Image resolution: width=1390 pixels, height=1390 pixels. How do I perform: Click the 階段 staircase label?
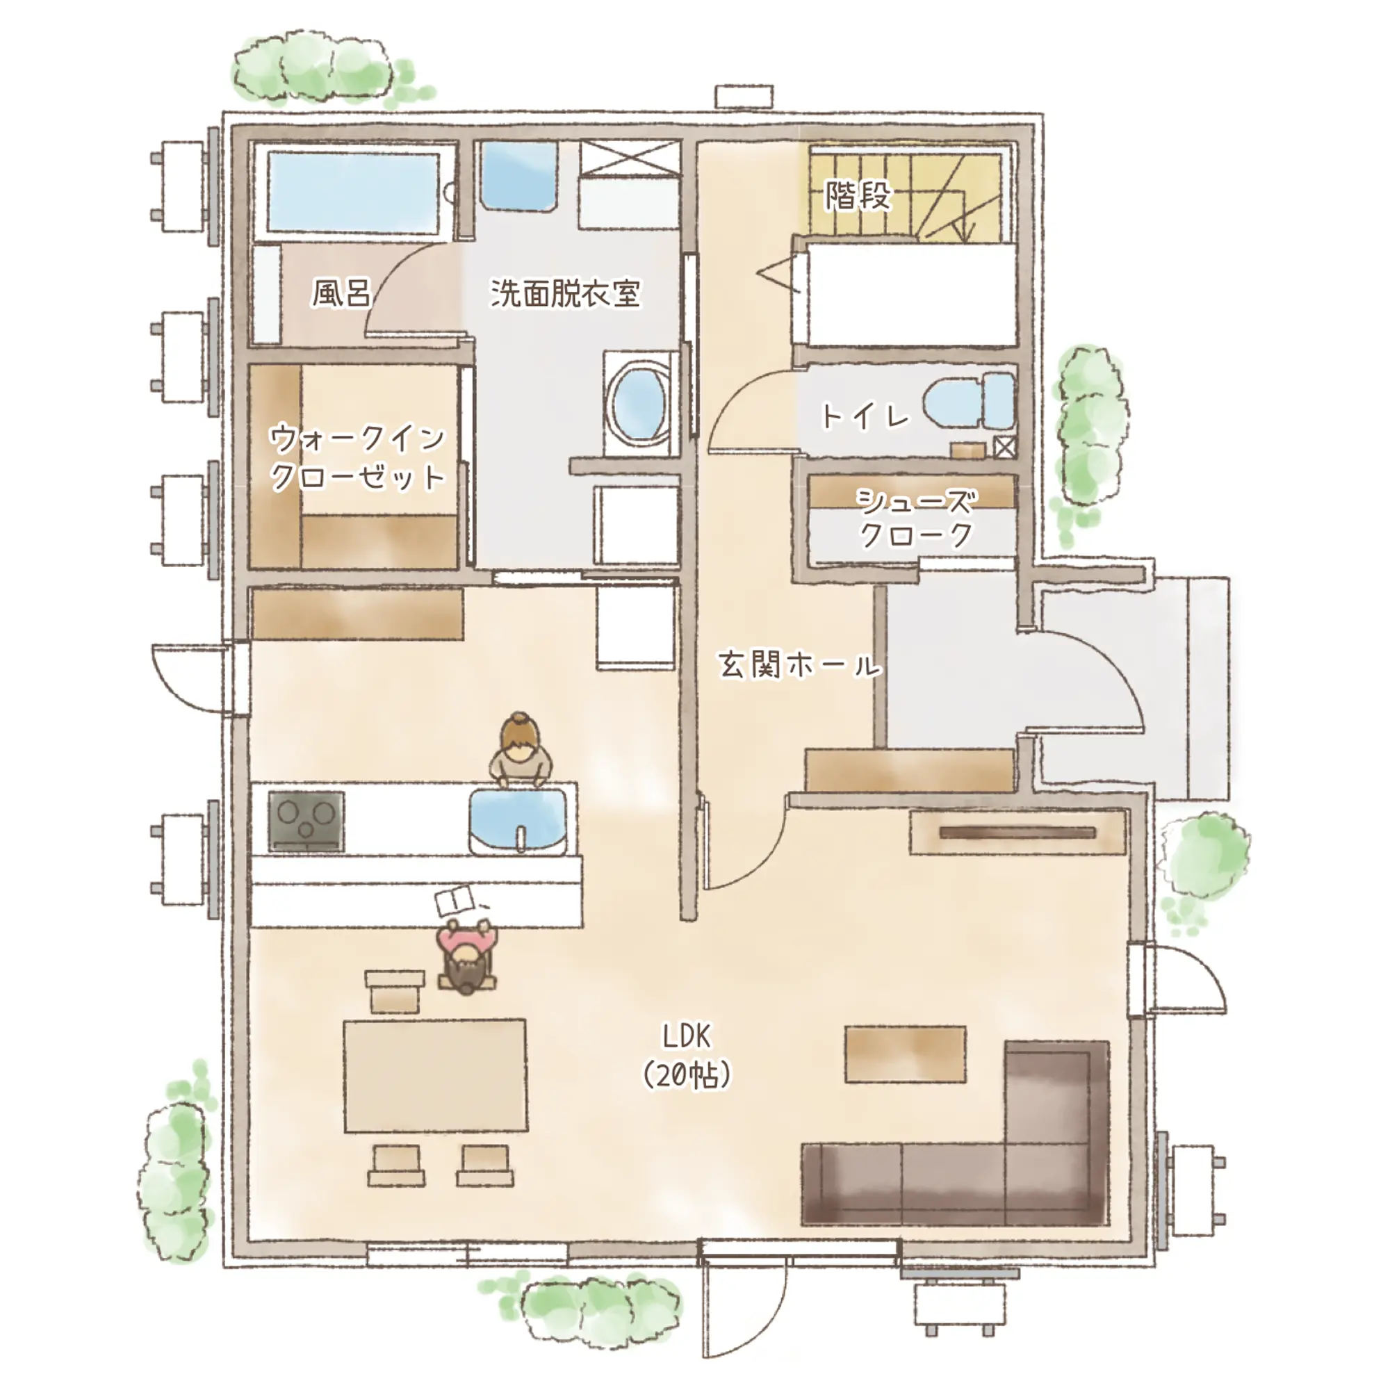pyautogui.click(x=858, y=195)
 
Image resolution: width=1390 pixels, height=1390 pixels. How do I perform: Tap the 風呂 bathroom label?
pyautogui.click(x=341, y=293)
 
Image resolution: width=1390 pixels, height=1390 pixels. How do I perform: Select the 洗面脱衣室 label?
pyautogui.click(x=566, y=293)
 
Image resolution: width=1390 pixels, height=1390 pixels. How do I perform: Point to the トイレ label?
pyautogui.click(x=865, y=416)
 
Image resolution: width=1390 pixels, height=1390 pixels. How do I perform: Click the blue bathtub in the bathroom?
pyautogui.click(x=353, y=192)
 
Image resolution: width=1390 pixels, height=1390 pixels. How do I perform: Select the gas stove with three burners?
pyautogui.click(x=306, y=821)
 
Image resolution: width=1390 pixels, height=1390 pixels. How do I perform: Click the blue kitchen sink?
pyautogui.click(x=518, y=821)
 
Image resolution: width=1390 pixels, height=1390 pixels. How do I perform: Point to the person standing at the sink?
pyautogui.click(x=520, y=749)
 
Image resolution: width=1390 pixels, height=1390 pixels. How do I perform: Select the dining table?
pyautogui.click(x=435, y=1075)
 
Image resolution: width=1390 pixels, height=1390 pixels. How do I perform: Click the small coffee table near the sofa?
pyautogui.click(x=905, y=1054)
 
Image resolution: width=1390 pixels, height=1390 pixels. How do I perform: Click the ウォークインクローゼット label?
pyautogui.click(x=357, y=457)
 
